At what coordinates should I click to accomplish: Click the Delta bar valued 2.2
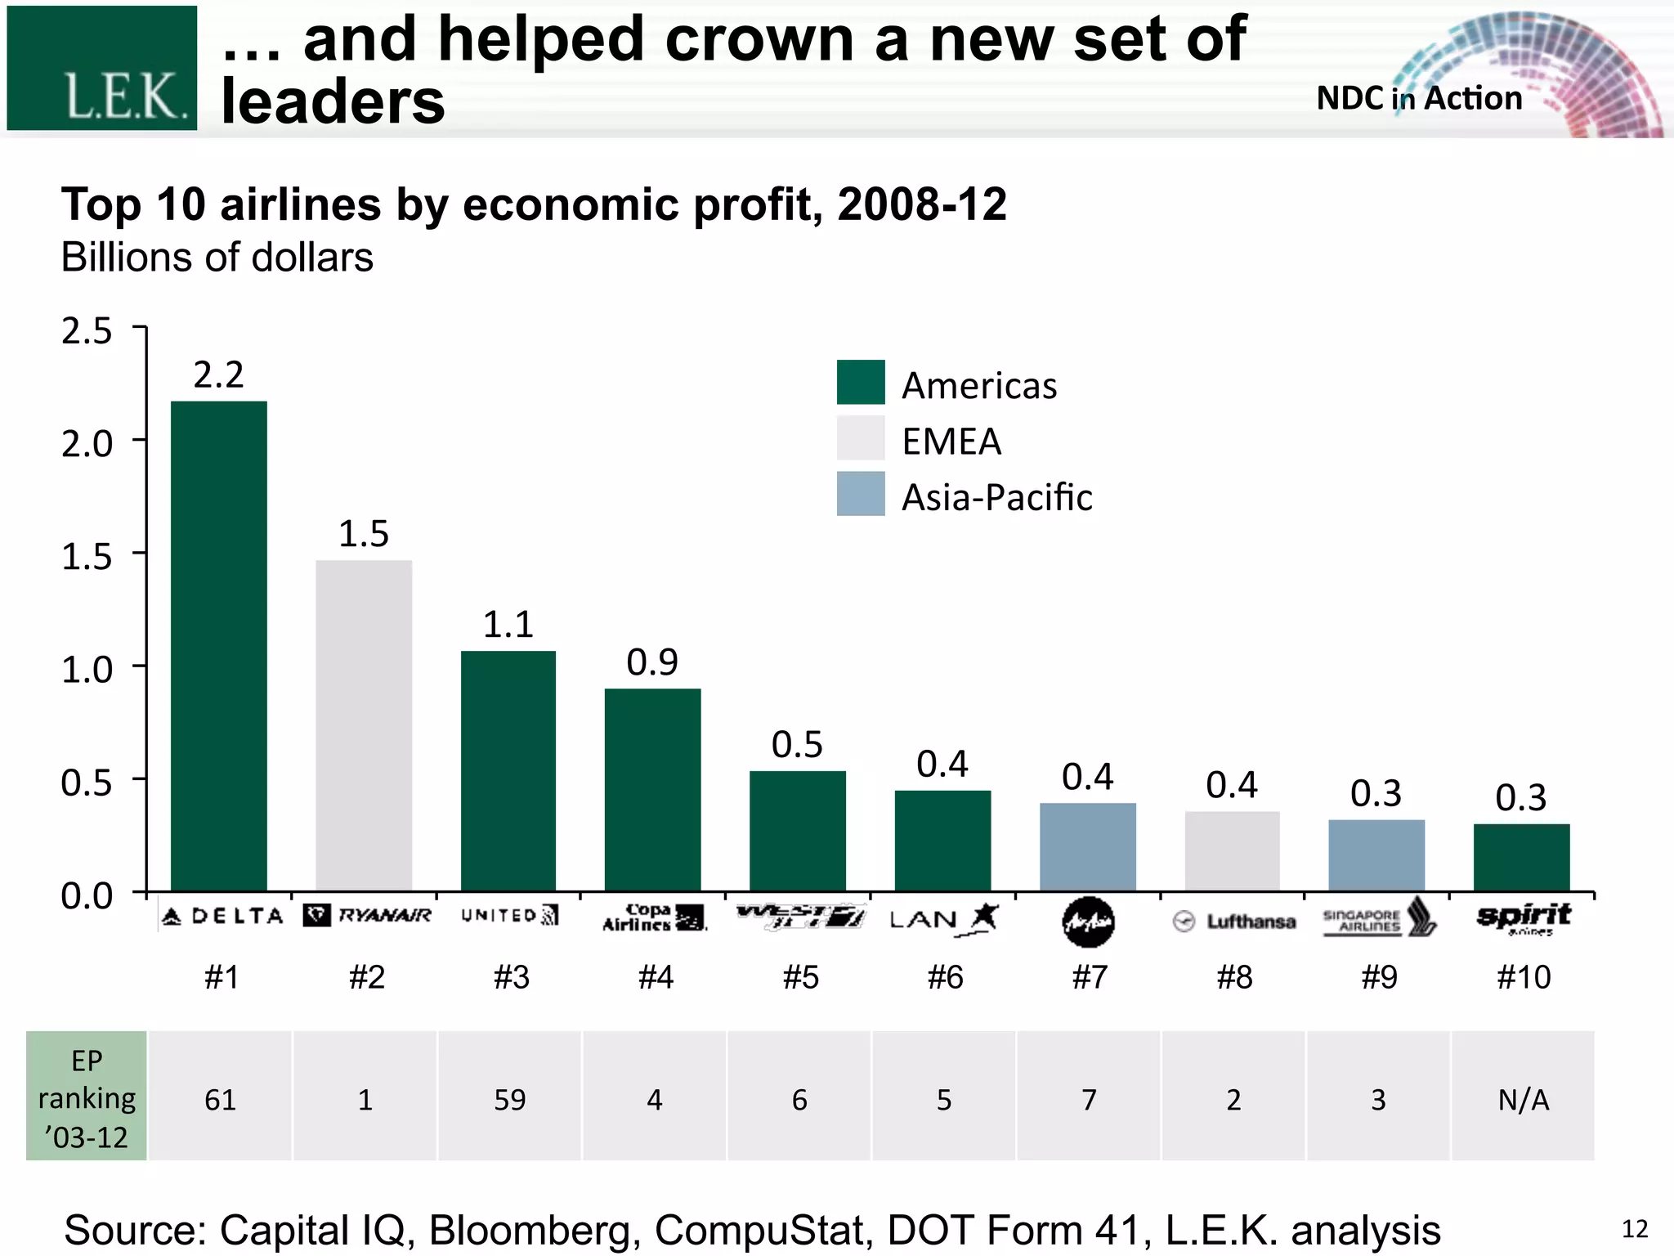click(x=218, y=646)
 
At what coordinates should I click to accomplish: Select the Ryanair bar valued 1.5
click(x=364, y=725)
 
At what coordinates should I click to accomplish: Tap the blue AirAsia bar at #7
click(x=1087, y=847)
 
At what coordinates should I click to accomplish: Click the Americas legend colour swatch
click(x=860, y=382)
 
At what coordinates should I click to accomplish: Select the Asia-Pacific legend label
click(x=996, y=497)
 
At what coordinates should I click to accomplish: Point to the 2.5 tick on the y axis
click(x=87, y=331)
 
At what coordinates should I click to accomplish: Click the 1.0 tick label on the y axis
click(x=87, y=670)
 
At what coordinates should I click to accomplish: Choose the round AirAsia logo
click(x=1088, y=922)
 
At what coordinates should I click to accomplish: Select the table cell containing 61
click(x=220, y=1099)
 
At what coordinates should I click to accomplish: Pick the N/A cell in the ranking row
click(x=1523, y=1099)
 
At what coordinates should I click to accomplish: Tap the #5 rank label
click(x=800, y=977)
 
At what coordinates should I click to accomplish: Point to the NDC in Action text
click(x=1419, y=98)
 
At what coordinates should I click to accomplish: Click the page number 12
click(x=1634, y=1228)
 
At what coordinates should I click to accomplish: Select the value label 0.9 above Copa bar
click(x=651, y=662)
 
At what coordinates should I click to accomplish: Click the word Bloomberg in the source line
click(x=535, y=1230)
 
